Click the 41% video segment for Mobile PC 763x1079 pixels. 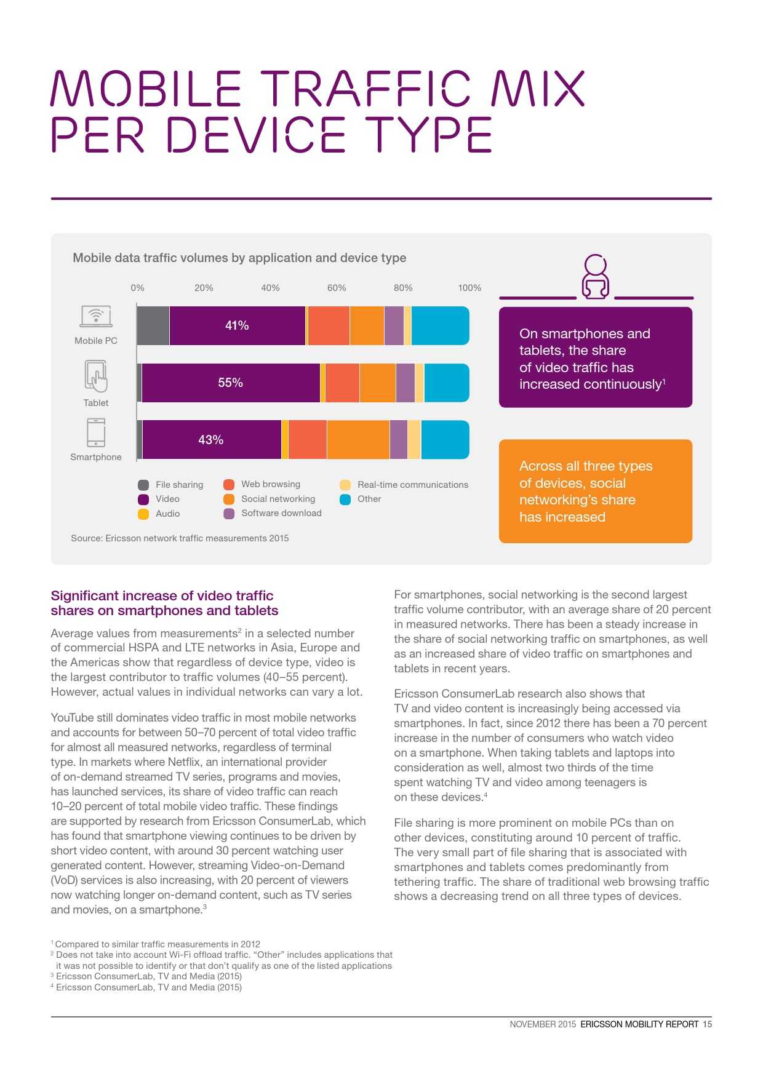[237, 325]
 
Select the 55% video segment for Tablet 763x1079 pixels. [231, 383]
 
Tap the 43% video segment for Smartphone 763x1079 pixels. [211, 440]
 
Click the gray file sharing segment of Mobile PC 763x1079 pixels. [153, 325]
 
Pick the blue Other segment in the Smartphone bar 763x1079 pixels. [445, 440]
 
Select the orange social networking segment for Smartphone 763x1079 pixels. [358, 440]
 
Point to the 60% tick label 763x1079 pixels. [337, 288]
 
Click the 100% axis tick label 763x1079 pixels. [469, 288]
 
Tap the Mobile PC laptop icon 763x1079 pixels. [96, 316]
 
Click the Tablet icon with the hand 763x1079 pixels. [96, 376]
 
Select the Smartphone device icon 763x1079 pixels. [96, 432]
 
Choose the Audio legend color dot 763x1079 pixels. [143, 514]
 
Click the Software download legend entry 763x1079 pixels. [281, 513]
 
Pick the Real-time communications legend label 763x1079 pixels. [412, 485]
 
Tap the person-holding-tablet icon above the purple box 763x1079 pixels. [595, 277]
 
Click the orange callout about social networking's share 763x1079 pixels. [595, 491]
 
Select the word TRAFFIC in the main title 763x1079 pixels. [366, 89]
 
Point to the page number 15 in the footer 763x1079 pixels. [707, 1024]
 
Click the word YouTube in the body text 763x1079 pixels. [71, 718]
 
